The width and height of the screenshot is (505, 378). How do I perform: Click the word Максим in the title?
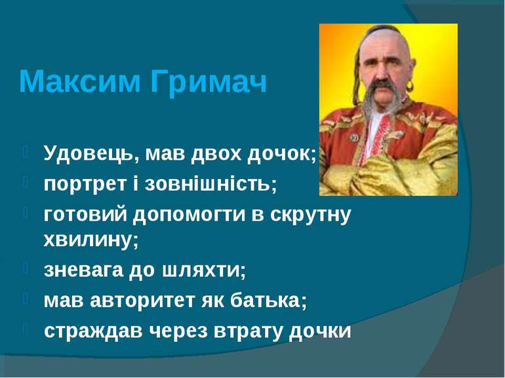[x=79, y=81]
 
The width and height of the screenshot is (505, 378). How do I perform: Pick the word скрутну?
[x=310, y=216]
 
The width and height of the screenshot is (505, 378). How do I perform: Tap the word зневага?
[x=83, y=270]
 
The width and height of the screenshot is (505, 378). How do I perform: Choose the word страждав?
[x=93, y=331]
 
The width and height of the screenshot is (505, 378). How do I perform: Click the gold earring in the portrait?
[x=410, y=86]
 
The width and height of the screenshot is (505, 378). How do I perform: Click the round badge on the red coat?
[x=354, y=138]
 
